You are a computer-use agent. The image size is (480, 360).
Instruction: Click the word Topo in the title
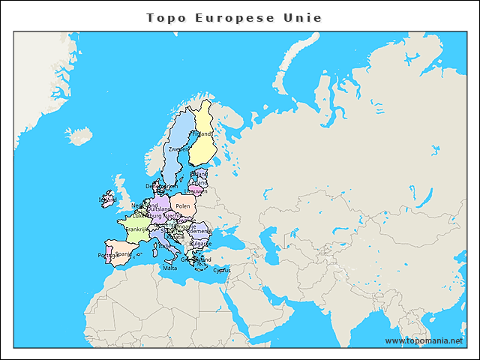point(164,17)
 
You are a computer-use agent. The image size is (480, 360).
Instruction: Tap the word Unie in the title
point(301,17)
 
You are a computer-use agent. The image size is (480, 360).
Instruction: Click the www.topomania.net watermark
point(424,340)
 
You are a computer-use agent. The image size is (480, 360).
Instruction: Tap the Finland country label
point(200,134)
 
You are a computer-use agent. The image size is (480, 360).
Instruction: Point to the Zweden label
point(179,149)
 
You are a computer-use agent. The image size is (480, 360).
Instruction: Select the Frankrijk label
point(136,229)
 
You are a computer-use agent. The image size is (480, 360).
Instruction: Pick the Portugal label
point(108,255)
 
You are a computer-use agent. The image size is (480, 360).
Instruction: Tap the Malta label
point(170,268)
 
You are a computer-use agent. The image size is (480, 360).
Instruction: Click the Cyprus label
point(221,270)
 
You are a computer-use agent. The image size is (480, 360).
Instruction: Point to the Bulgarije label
point(200,244)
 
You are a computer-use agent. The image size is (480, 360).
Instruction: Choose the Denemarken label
point(155,186)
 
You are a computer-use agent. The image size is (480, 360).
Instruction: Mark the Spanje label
point(124,253)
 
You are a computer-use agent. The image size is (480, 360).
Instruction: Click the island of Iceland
point(78,136)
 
